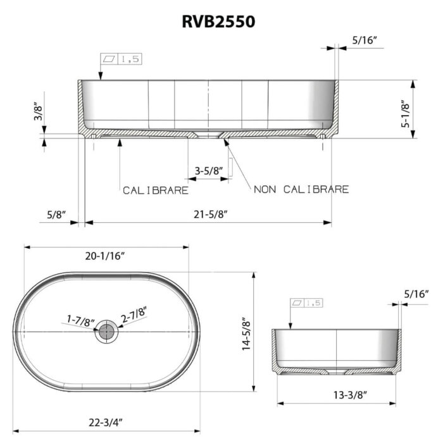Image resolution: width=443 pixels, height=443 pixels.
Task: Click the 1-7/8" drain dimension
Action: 79,321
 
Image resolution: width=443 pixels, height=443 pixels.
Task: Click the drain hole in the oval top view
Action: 106,332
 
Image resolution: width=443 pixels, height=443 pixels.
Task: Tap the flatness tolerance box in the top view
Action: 120,59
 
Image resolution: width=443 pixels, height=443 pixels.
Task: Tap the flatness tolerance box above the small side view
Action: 306,303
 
